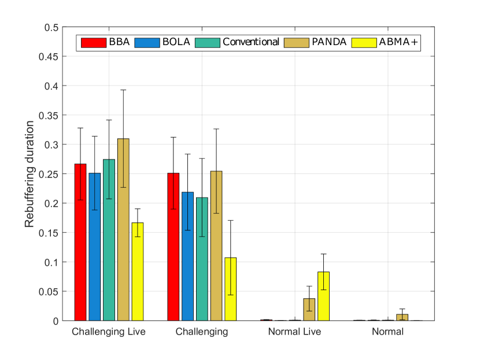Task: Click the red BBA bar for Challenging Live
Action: click(80, 242)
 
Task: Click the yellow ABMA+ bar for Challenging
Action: click(230, 289)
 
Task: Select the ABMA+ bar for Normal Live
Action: click(323, 296)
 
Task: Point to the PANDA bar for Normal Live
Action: click(309, 310)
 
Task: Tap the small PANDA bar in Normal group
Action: click(402, 317)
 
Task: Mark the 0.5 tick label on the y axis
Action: click(52, 27)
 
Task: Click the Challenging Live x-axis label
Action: click(109, 332)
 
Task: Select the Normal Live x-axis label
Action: click(294, 332)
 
